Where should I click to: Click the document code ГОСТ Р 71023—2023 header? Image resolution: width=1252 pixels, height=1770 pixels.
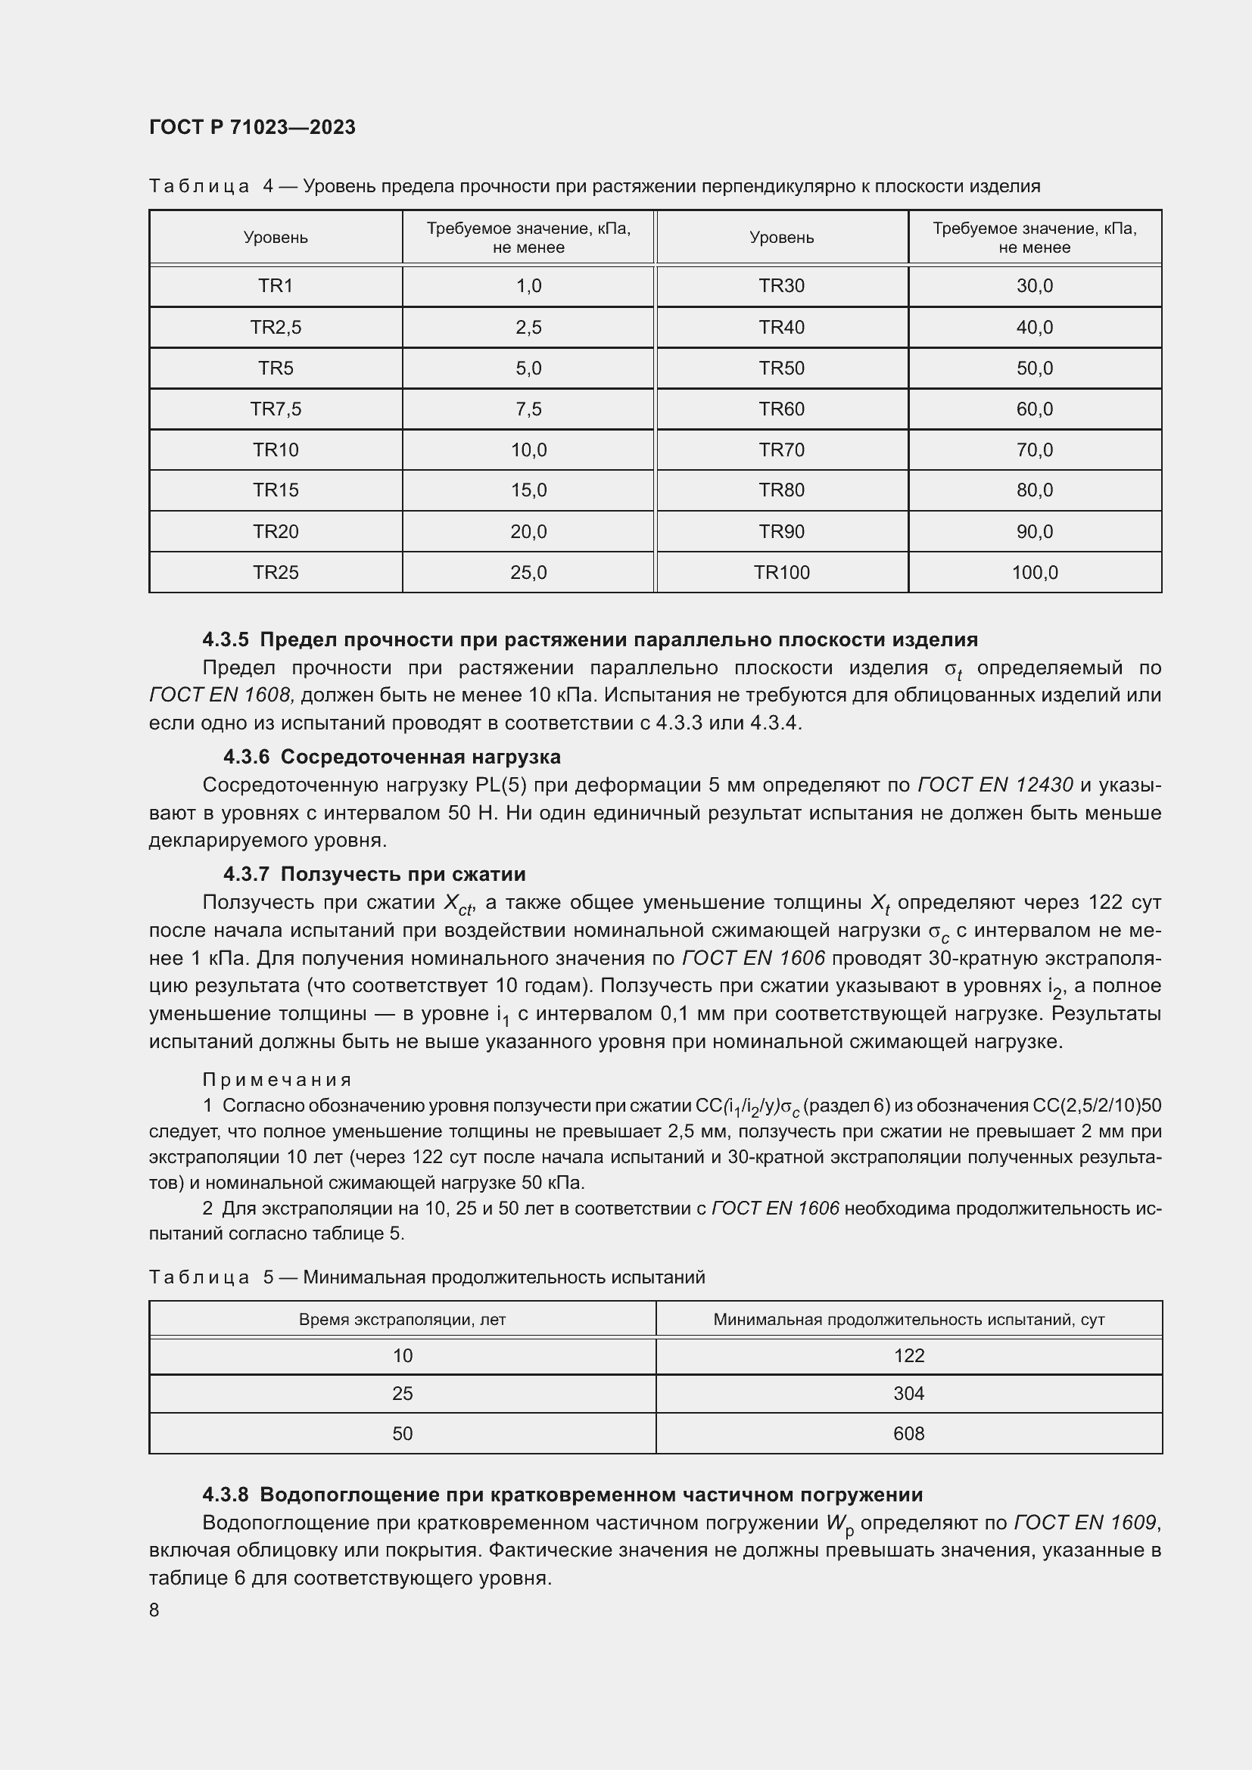pyautogui.click(x=252, y=127)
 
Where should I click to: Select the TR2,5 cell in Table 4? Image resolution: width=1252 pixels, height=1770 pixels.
pyautogui.click(x=276, y=327)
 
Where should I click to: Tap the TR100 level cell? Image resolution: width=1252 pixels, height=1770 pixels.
pyautogui.click(x=781, y=572)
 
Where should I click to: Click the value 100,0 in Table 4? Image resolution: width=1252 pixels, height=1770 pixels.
pyautogui.click(x=1034, y=572)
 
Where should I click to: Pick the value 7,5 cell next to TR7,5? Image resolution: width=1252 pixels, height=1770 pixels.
pyautogui.click(x=528, y=409)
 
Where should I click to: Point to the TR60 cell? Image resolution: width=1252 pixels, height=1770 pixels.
pyautogui.click(x=781, y=409)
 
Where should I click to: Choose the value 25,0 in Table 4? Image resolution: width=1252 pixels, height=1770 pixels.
pyautogui.click(x=528, y=572)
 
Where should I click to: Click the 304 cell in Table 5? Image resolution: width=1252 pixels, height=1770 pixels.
pyautogui.click(x=908, y=1393)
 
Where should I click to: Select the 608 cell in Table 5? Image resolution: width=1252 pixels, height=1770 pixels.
pyautogui.click(x=908, y=1433)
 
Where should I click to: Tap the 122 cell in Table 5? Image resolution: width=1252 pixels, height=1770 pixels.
pyautogui.click(x=908, y=1355)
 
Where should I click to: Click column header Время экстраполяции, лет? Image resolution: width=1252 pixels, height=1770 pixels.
pyautogui.click(x=402, y=1319)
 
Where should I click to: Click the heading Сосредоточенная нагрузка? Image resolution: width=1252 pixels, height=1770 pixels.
pyautogui.click(x=420, y=756)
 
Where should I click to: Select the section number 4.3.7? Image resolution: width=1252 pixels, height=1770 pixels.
pyautogui.click(x=246, y=873)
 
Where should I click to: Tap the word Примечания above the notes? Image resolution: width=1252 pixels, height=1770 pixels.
pyautogui.click(x=277, y=1079)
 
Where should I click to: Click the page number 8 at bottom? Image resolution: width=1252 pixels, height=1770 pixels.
pyautogui.click(x=154, y=1610)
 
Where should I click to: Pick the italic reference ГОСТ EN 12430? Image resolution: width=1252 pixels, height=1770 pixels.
pyautogui.click(x=995, y=785)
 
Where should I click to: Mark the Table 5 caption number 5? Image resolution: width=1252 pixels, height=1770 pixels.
pyautogui.click(x=268, y=1277)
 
